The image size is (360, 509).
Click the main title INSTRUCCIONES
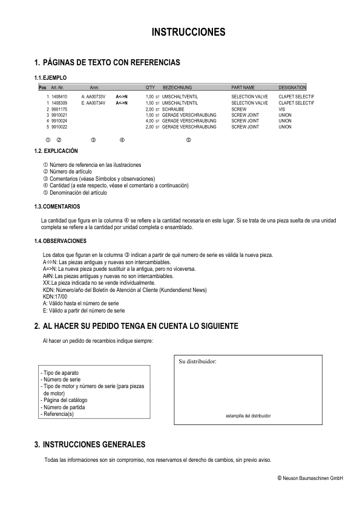(x=188, y=31)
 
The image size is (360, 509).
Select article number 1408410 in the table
(x=59, y=96)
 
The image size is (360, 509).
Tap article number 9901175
(x=59, y=109)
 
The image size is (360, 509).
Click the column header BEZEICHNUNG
(x=177, y=88)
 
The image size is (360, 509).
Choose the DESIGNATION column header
(x=292, y=88)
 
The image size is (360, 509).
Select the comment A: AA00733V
(x=94, y=96)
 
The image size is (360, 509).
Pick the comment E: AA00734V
(x=94, y=103)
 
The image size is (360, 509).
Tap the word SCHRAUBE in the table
(x=174, y=109)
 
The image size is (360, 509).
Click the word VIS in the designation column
(x=282, y=109)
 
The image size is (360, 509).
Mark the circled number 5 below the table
(x=189, y=140)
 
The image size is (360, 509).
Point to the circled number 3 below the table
(x=93, y=140)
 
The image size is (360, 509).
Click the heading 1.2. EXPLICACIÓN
(x=56, y=150)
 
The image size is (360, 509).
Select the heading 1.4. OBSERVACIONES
(x=61, y=241)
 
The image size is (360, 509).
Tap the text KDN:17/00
(x=55, y=297)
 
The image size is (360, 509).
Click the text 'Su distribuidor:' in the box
(x=198, y=361)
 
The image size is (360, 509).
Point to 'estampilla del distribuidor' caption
(x=248, y=416)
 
